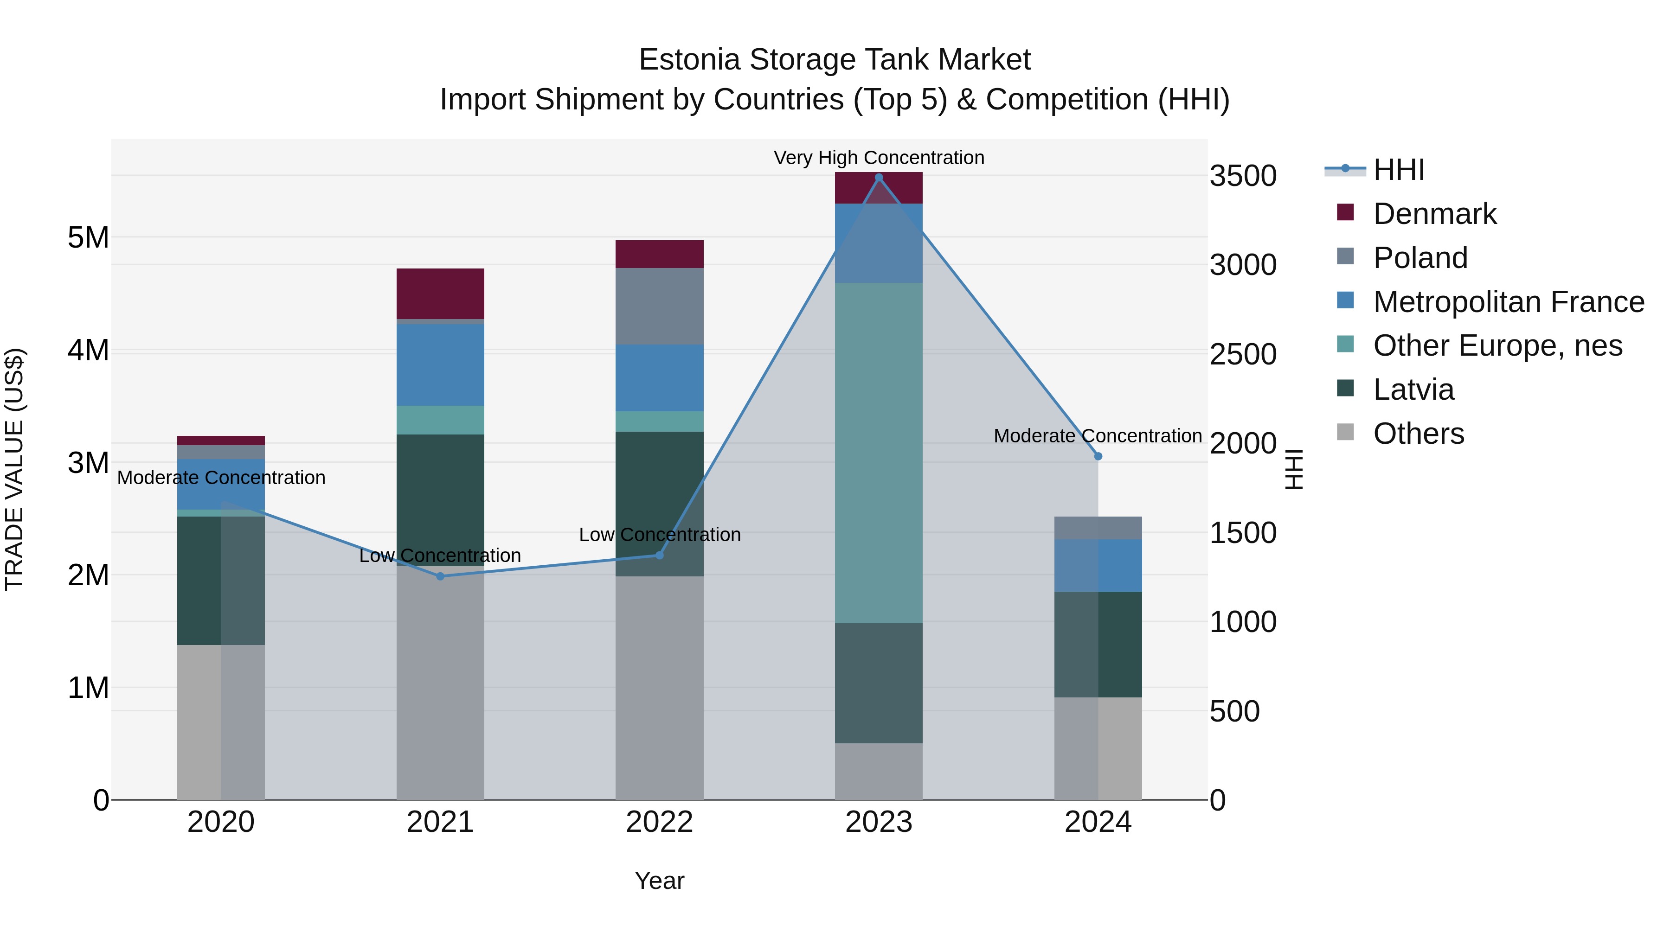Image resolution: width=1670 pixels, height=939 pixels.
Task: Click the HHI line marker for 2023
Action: tap(879, 178)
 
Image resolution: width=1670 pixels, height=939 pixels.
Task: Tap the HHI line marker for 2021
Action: tap(440, 576)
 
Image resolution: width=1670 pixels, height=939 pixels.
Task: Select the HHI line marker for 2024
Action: tap(1098, 457)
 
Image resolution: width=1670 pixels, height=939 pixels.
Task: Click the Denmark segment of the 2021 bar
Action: tap(440, 294)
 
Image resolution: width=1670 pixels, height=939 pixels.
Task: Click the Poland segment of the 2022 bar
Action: tap(659, 306)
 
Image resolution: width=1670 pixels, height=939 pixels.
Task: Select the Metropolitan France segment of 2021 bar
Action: tap(440, 365)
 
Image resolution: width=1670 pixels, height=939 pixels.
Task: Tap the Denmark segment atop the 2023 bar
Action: tap(879, 188)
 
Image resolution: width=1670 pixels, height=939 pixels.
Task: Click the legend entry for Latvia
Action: tap(1413, 390)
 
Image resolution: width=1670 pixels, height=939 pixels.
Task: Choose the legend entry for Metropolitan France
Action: tap(1508, 302)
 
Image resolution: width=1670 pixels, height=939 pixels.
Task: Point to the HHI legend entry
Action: tap(1398, 170)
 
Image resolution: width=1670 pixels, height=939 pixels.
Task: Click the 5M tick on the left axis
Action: tap(88, 238)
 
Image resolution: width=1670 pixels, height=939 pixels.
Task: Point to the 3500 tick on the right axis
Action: tap(1243, 176)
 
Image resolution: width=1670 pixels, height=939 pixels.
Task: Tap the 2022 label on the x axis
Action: tap(659, 822)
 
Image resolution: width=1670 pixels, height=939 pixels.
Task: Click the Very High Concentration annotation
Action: tap(879, 158)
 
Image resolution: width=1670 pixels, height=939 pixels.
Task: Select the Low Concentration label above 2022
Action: tap(659, 535)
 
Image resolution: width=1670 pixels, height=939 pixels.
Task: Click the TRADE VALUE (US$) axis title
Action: tap(14, 469)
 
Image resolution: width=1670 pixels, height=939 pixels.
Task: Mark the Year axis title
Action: tap(659, 881)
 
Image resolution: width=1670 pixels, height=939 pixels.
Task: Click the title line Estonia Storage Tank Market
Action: tap(835, 60)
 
